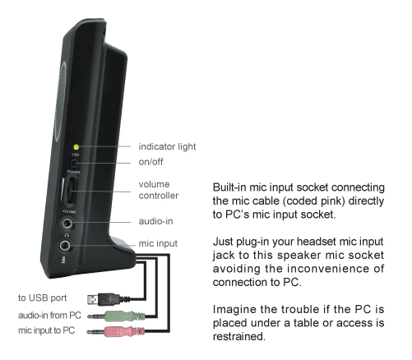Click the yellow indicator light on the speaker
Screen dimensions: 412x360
click(76, 147)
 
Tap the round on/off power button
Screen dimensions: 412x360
click(74, 164)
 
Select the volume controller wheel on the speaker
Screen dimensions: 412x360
click(72, 191)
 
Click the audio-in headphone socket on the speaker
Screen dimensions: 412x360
click(67, 224)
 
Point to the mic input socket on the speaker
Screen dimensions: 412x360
click(65, 245)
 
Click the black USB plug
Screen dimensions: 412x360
click(104, 299)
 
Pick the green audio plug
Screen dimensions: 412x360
click(116, 316)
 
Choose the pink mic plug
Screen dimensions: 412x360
click(116, 331)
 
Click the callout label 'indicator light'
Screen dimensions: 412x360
click(167, 146)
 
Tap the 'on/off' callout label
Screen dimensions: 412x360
click(150, 162)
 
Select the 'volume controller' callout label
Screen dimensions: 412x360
click(159, 190)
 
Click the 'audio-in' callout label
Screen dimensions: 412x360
click(155, 221)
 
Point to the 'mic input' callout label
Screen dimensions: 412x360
click(158, 243)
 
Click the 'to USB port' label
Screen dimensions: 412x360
click(43, 298)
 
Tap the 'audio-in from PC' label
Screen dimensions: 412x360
click(50, 316)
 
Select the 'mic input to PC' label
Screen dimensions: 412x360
click(47, 330)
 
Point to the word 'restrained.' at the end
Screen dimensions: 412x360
click(239, 336)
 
